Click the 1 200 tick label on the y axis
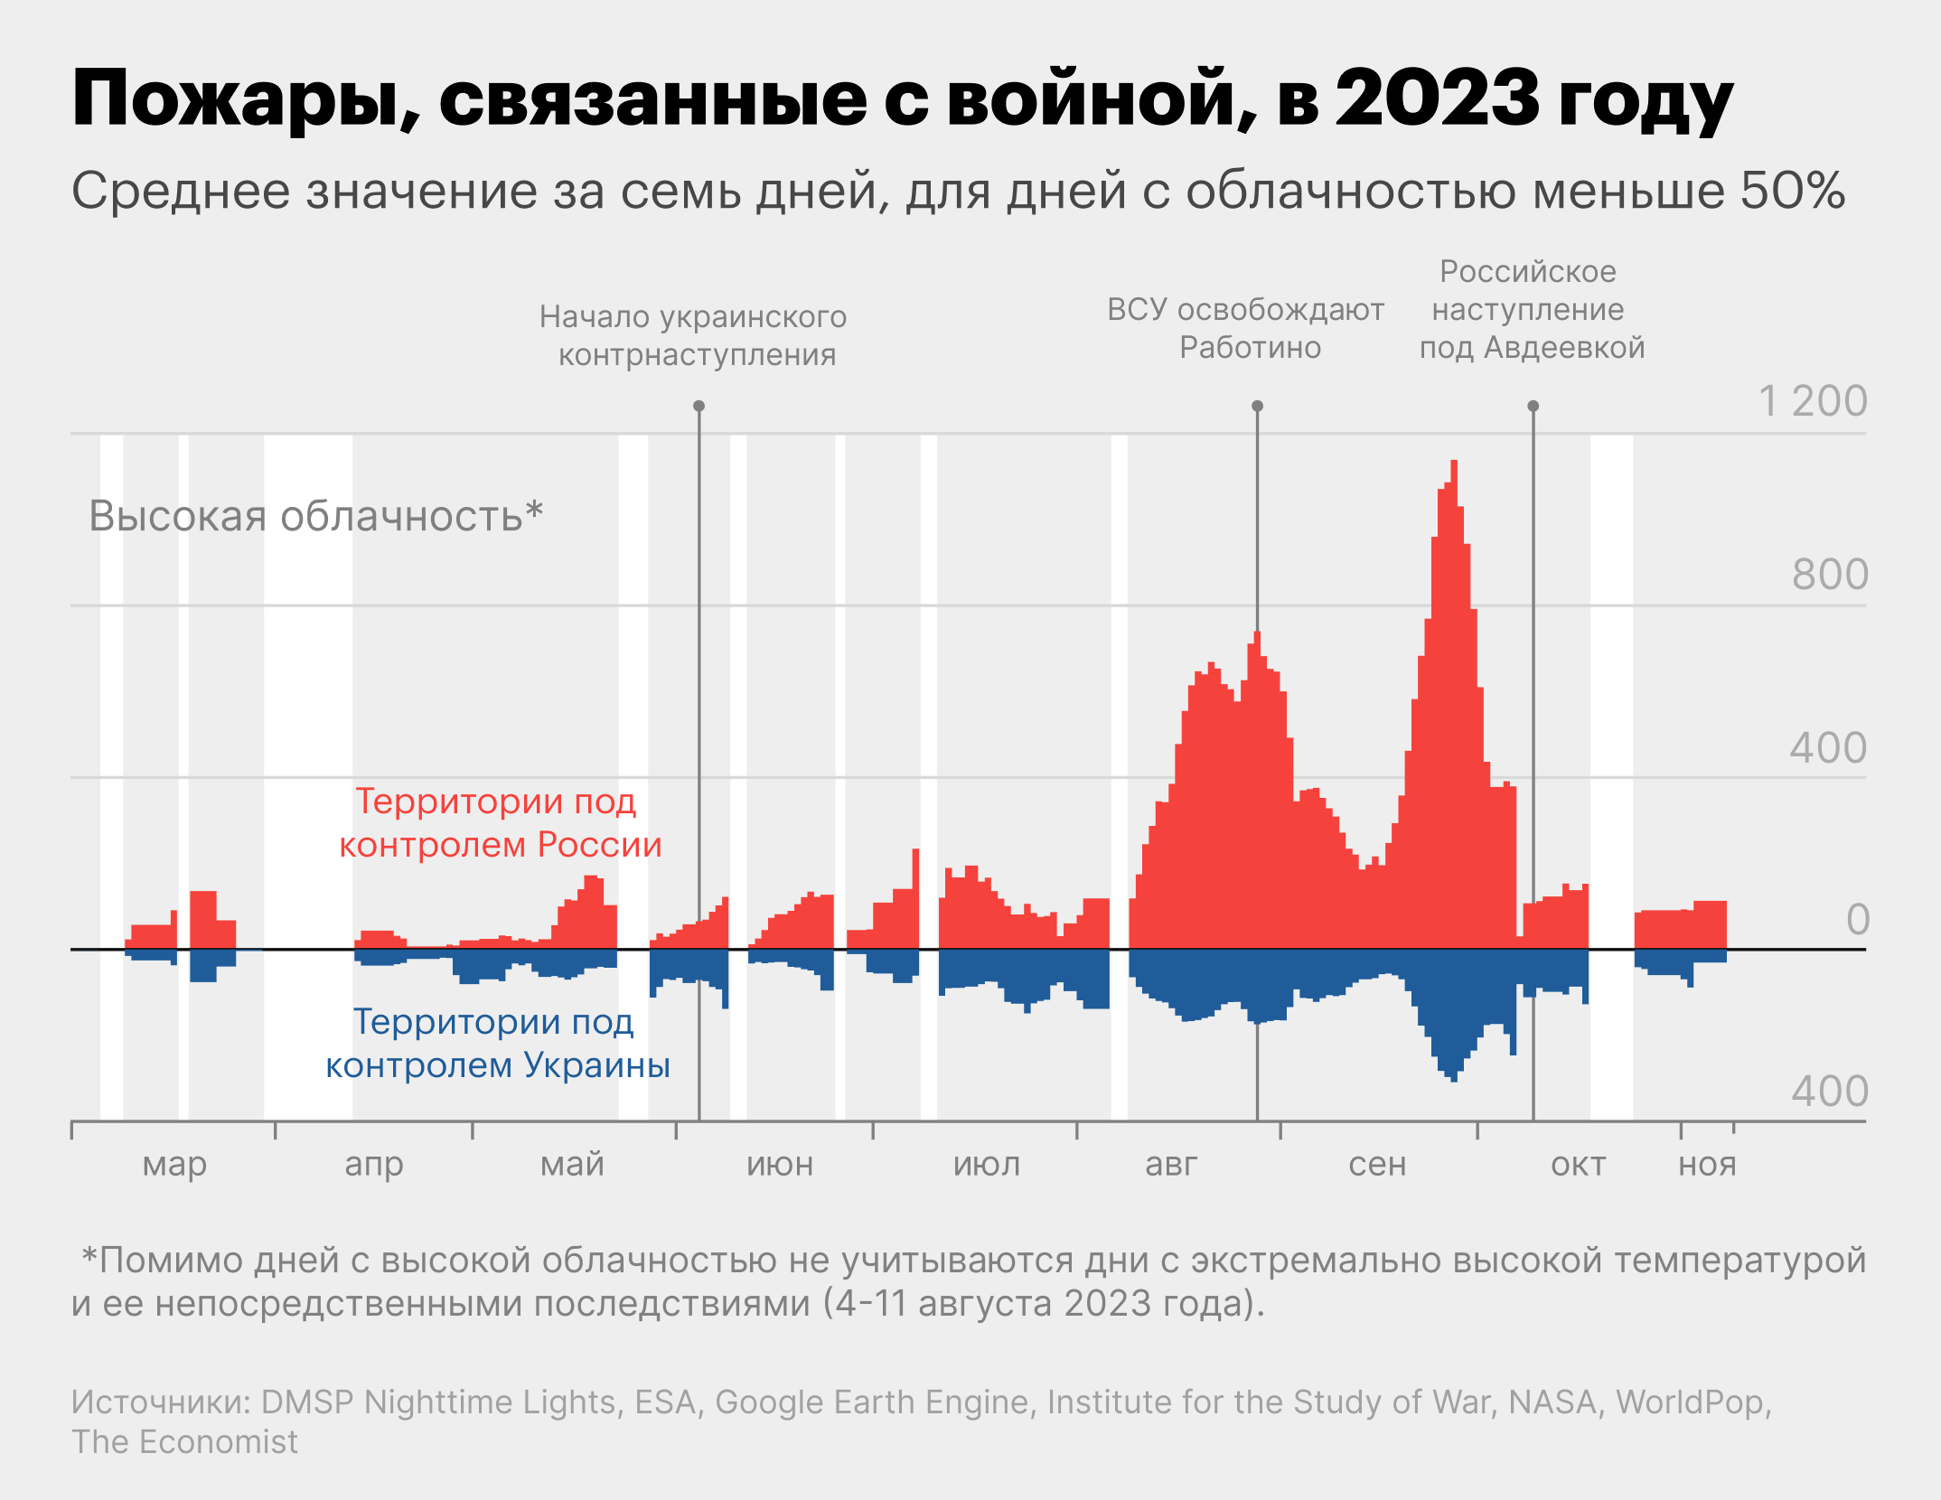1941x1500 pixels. click(x=1812, y=401)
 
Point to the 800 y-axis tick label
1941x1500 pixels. click(x=1830, y=575)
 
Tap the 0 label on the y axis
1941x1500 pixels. click(x=1857, y=920)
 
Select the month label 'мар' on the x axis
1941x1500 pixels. click(x=174, y=1165)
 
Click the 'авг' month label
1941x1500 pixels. click(x=1171, y=1165)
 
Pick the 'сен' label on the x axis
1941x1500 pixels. click(x=1377, y=1165)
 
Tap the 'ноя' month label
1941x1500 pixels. click(x=1707, y=1165)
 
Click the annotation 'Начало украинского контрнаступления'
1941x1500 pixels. click(x=694, y=335)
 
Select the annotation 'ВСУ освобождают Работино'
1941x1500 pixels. click(x=1246, y=328)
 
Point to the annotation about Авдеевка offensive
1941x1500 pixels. click(x=1531, y=309)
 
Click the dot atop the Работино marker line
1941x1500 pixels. click(x=1257, y=406)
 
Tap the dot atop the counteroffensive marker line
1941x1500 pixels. click(x=699, y=406)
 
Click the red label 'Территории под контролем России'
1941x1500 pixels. click(x=499, y=822)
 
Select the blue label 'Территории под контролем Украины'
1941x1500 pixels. click(x=497, y=1043)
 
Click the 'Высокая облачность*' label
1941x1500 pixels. click(x=315, y=516)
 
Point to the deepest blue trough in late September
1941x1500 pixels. click(x=1453, y=1079)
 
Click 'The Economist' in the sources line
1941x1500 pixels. click(x=184, y=1442)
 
